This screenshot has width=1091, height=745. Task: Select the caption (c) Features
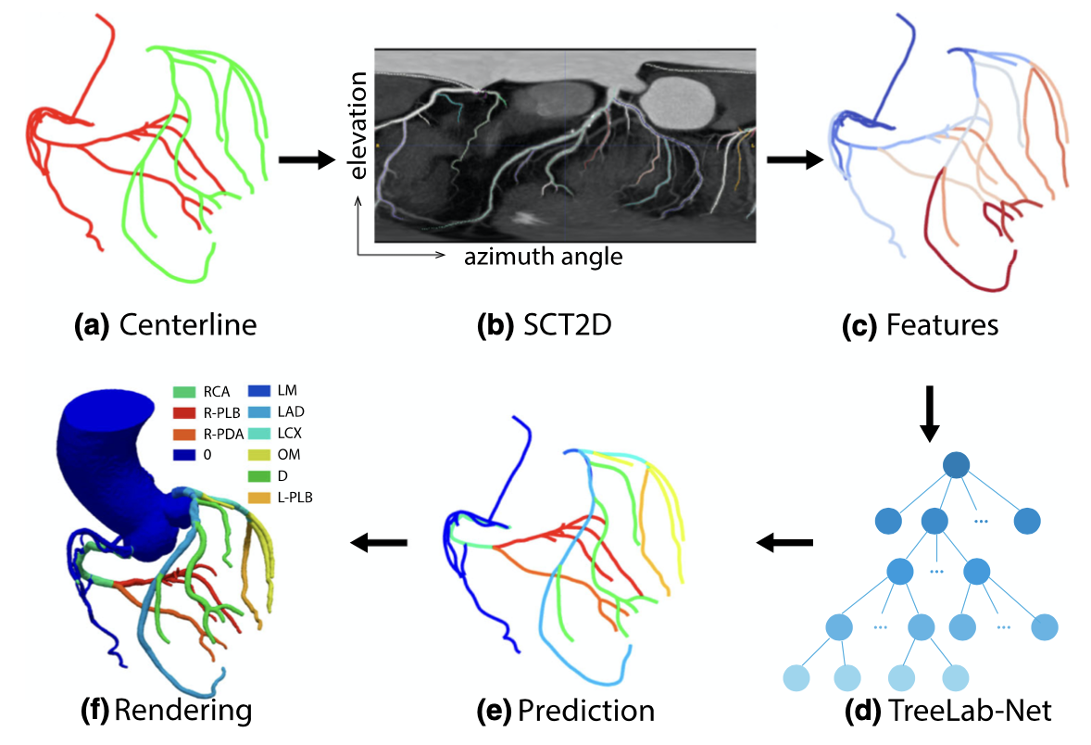[x=919, y=326]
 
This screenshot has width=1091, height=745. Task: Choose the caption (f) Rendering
[x=167, y=712]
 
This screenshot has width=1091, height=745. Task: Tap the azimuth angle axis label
[x=543, y=257]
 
